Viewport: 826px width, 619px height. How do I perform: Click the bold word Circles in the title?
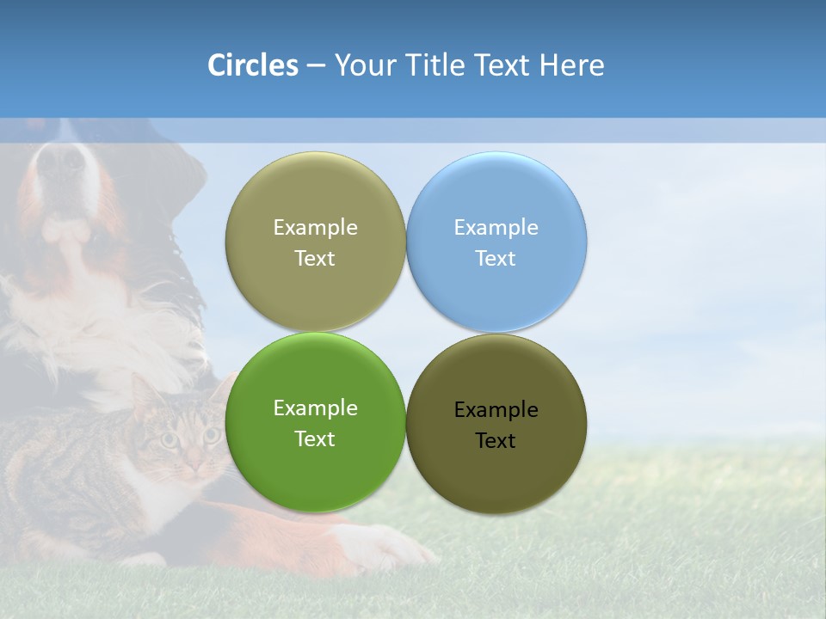coord(252,65)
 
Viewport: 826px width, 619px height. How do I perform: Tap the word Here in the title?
coord(571,65)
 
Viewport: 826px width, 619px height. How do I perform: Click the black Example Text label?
coord(496,425)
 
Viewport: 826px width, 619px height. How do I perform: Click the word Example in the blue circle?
coord(496,228)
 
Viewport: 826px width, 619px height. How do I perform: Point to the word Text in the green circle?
coord(315,439)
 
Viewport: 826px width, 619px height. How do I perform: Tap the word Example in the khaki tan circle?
coord(315,228)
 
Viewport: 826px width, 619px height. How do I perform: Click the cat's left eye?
coord(170,439)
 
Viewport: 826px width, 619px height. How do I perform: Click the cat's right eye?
coord(210,436)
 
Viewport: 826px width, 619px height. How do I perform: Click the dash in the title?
coord(315,66)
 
